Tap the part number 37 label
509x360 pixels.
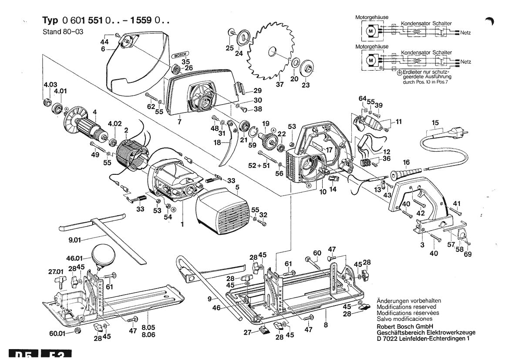[x=280, y=84]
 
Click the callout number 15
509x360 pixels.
[x=435, y=123]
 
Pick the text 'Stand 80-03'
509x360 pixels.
[x=61, y=32]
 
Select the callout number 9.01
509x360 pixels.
[x=75, y=239]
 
